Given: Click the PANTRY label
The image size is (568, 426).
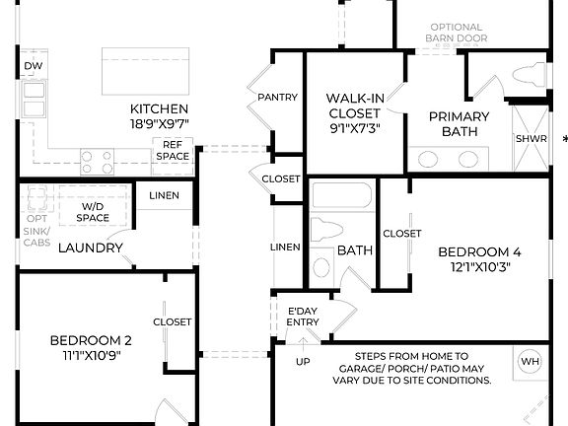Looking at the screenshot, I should tap(277, 98).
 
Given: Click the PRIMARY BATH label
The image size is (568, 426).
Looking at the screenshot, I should tap(459, 124).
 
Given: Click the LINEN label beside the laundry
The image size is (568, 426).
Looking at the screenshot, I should tap(164, 195).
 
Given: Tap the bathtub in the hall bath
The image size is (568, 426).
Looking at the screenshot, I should tap(340, 195).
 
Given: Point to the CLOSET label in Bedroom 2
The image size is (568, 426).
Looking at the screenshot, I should tap(172, 322).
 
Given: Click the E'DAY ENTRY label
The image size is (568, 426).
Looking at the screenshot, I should tap(303, 317).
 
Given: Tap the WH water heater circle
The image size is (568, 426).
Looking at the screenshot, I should tap(531, 361).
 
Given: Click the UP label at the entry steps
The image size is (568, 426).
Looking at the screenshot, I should tap(303, 362).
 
